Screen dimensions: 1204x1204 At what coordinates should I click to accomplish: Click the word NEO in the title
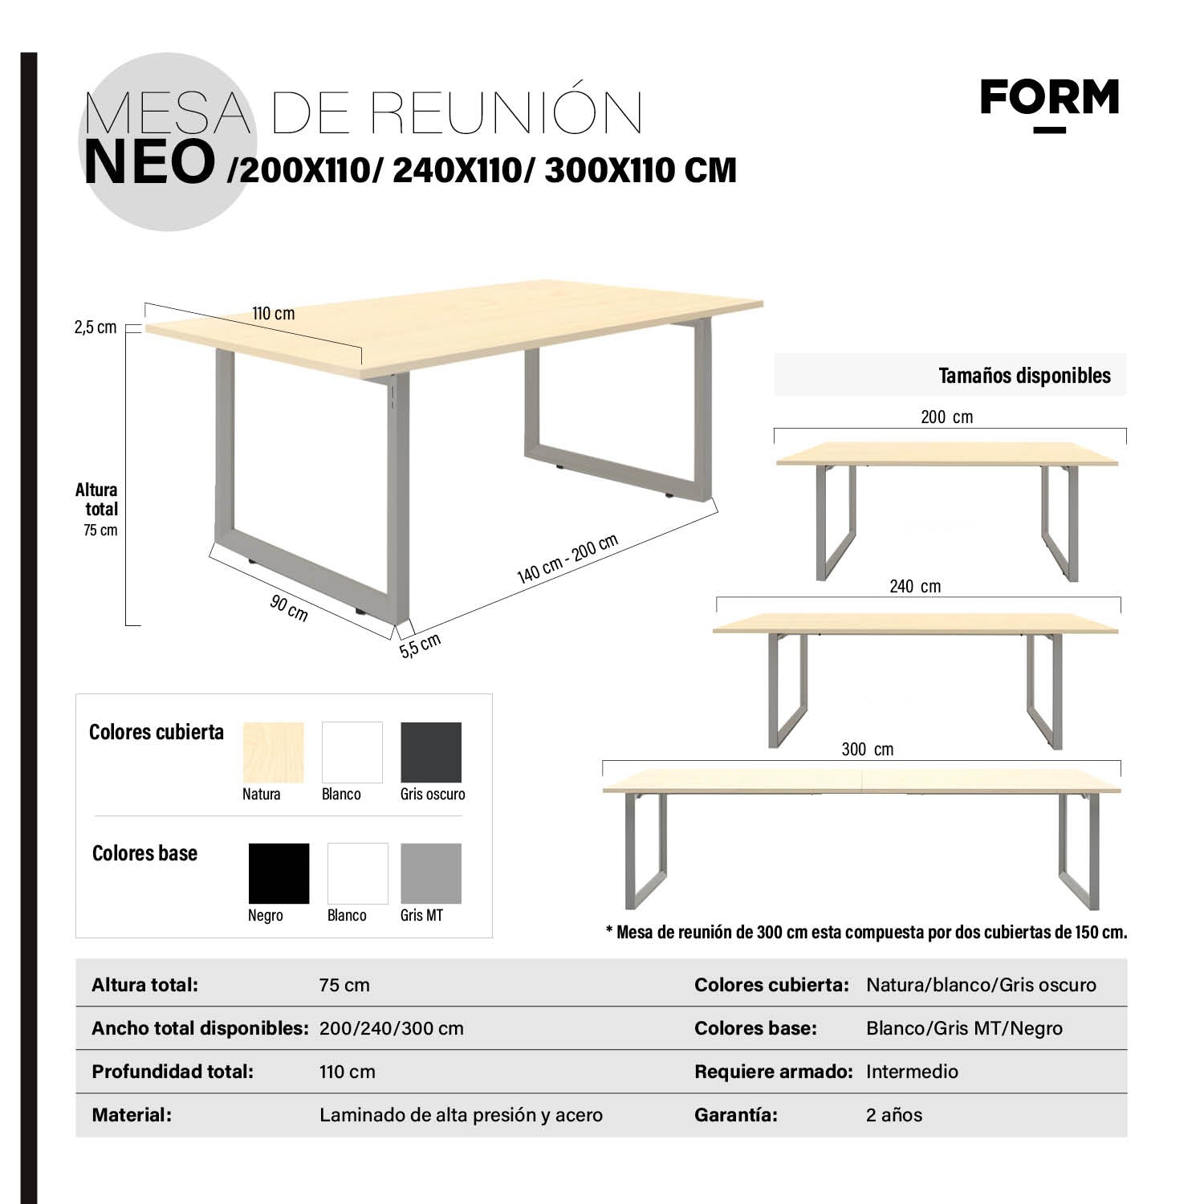149,163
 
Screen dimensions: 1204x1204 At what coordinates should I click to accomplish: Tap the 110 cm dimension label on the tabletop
273,314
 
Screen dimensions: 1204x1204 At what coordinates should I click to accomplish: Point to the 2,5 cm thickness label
96,327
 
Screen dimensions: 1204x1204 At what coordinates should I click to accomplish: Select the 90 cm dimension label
289,608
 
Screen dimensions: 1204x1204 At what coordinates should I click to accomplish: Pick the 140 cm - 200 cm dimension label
567,559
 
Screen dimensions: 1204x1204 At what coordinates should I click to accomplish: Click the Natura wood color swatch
273,752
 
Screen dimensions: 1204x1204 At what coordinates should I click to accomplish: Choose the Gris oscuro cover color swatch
431,752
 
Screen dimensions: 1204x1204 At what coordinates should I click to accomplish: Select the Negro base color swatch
279,873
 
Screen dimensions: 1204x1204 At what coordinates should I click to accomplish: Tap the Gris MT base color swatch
431,873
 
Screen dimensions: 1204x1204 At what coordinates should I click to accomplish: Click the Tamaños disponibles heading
1024,376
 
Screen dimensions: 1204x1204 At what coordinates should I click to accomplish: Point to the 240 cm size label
915,587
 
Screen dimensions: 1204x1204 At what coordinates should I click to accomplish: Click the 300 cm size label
867,750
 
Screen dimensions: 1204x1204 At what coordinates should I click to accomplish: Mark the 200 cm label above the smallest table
946,417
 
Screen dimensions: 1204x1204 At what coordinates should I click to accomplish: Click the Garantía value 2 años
894,1115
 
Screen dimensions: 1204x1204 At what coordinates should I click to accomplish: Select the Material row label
132,1115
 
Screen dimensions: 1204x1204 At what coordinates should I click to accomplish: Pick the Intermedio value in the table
912,1072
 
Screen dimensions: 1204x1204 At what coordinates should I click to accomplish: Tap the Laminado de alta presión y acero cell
461,1115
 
